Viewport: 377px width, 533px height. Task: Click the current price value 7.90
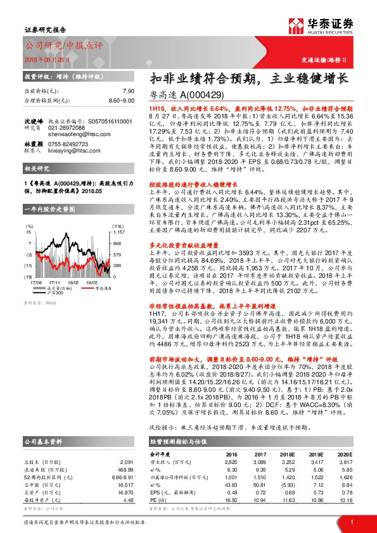point(128,91)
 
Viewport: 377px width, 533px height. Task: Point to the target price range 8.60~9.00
point(120,100)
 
